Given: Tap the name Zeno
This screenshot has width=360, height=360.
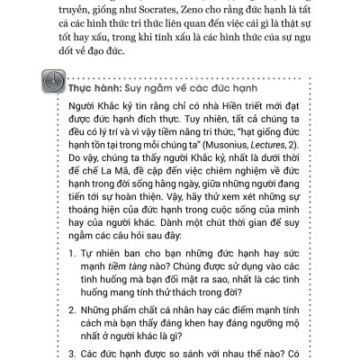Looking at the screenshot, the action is pyautogui.click(x=174, y=12).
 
